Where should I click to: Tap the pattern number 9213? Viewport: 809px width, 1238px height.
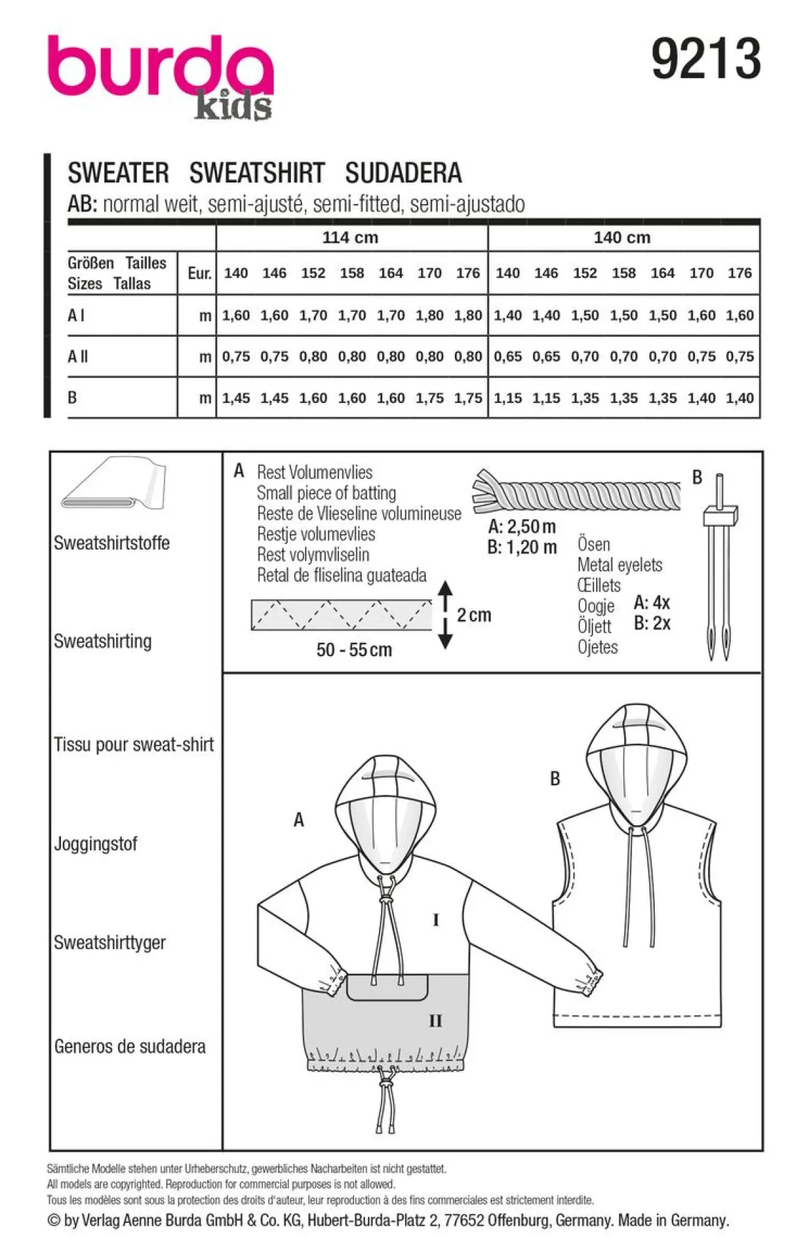click(706, 59)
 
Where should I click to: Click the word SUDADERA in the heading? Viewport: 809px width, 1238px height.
click(403, 173)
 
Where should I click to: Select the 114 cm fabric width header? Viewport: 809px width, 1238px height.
click(351, 238)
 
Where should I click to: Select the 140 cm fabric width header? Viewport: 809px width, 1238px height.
click(622, 238)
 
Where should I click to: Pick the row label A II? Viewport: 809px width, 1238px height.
click(78, 357)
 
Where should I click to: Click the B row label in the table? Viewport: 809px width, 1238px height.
click(72, 398)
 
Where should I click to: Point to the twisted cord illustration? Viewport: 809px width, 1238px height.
click(576, 492)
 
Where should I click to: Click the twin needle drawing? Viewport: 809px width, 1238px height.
click(720, 567)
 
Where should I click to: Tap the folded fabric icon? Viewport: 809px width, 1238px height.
click(114, 484)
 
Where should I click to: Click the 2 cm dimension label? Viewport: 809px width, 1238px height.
click(474, 615)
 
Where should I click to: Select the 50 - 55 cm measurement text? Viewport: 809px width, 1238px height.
click(354, 650)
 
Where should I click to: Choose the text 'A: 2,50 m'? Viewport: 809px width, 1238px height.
click(522, 527)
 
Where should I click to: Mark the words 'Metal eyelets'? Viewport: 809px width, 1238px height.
click(620, 565)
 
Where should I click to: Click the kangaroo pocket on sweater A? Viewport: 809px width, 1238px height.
click(387, 987)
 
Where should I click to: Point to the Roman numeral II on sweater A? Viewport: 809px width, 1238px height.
click(435, 1021)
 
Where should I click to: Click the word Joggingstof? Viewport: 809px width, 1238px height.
click(95, 844)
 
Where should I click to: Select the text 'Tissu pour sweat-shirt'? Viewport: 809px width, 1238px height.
click(134, 744)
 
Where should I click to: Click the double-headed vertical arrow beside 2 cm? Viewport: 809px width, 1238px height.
click(445, 615)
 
